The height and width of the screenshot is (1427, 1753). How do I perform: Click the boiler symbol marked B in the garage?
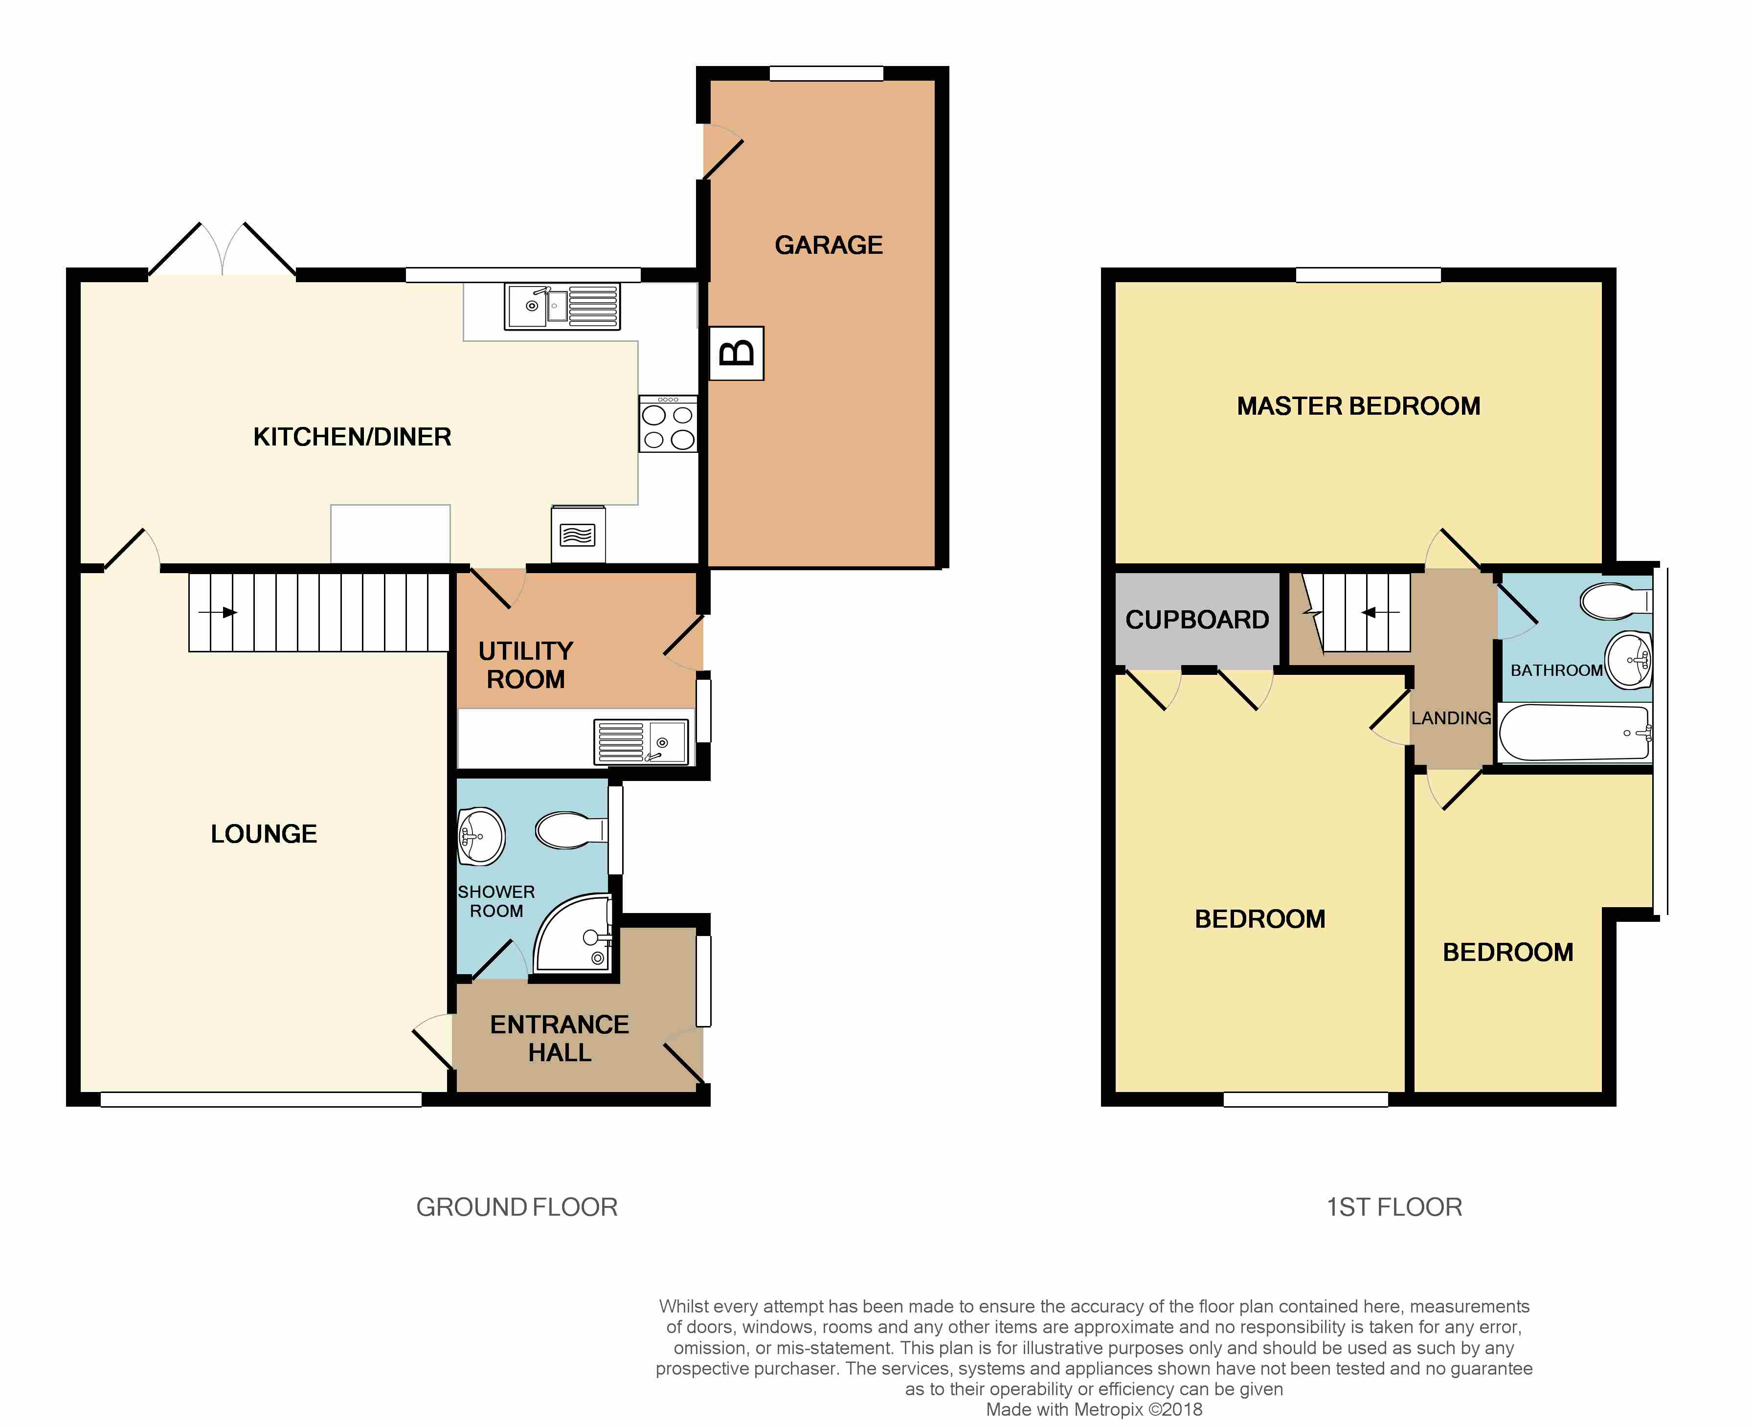click(x=737, y=354)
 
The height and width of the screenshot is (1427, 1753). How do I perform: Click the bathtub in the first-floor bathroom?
click(x=1574, y=733)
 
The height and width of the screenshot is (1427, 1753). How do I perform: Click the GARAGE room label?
click(x=829, y=245)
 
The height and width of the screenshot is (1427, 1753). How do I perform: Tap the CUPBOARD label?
click(x=1197, y=620)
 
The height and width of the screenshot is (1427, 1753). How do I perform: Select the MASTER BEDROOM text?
click(x=1358, y=406)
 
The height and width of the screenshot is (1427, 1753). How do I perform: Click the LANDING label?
click(x=1451, y=717)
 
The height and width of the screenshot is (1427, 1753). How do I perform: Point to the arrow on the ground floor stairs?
click(x=218, y=612)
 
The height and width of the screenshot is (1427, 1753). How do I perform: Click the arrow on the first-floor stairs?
click(x=1381, y=612)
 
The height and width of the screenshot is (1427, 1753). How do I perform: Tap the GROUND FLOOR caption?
click(x=517, y=1207)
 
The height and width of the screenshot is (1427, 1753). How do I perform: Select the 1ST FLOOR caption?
click(x=1394, y=1207)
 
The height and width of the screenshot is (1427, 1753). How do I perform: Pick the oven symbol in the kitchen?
click(x=579, y=535)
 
